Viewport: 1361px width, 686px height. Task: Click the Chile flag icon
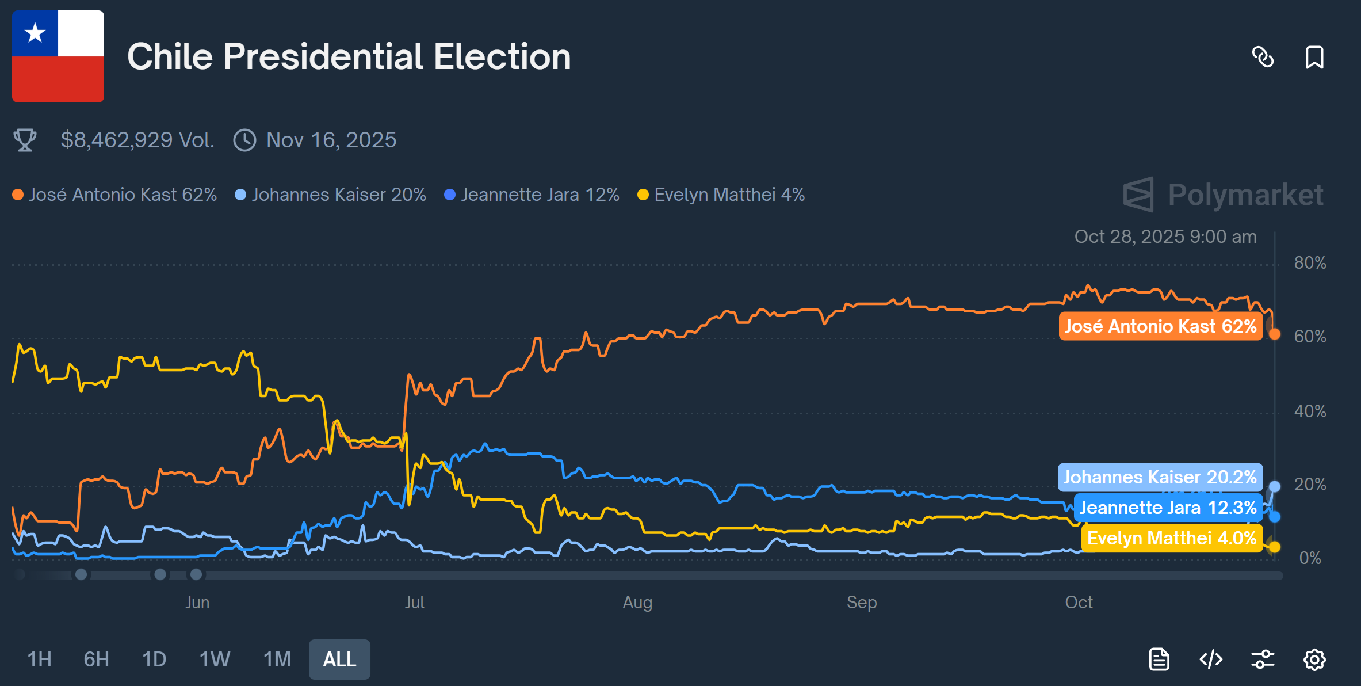[x=58, y=56]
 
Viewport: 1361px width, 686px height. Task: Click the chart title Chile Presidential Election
[x=349, y=57]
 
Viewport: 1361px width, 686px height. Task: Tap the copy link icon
[x=1263, y=57]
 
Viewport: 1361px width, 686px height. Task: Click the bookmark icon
[x=1314, y=57]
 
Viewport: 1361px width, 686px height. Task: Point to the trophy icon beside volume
[x=25, y=140]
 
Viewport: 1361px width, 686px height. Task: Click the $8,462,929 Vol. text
[x=137, y=140]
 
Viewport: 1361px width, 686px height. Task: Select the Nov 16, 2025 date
[x=331, y=140]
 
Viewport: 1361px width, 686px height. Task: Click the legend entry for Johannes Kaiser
[x=331, y=195]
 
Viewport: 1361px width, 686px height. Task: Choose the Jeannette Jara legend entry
[x=532, y=195]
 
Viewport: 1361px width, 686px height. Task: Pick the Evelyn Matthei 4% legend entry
[x=721, y=195]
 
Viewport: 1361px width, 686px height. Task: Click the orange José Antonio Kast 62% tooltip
[x=1161, y=326]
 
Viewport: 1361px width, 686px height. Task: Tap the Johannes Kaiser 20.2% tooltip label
[x=1160, y=477]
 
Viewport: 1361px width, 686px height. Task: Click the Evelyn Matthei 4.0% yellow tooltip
[x=1172, y=538]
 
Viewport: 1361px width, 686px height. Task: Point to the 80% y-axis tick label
[x=1310, y=263]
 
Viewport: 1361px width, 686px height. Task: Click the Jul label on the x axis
[x=414, y=603]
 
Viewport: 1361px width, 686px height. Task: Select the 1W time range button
[x=215, y=660]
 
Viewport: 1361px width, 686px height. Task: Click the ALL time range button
[x=339, y=660]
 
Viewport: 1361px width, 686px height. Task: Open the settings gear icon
[x=1314, y=660]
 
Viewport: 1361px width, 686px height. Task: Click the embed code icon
[x=1211, y=660]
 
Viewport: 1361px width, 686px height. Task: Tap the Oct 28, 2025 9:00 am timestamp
[x=1165, y=237]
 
